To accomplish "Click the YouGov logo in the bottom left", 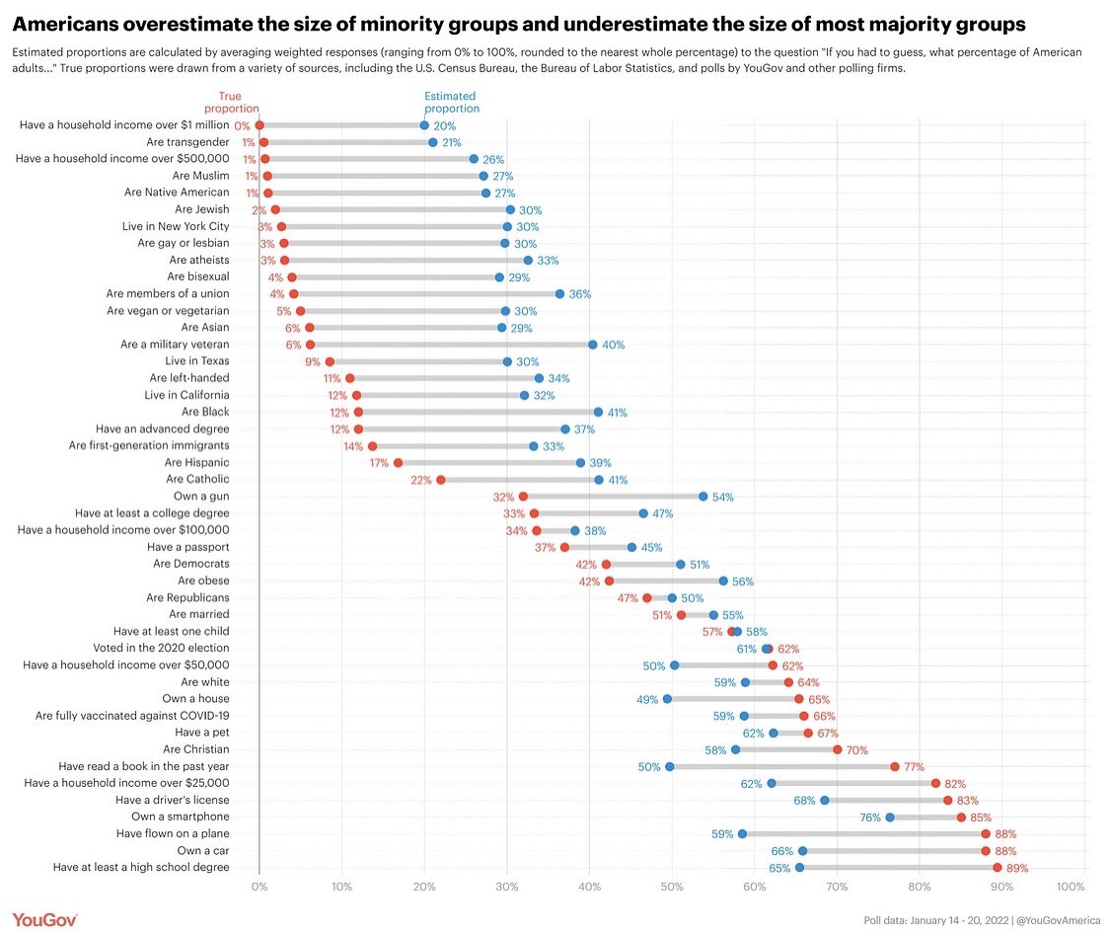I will click(45, 918).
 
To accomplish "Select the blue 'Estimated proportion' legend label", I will click(450, 103).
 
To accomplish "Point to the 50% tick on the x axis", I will click(673, 886).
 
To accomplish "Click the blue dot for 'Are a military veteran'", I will click(593, 345).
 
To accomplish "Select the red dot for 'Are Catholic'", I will click(441, 480).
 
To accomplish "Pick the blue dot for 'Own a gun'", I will click(703, 497).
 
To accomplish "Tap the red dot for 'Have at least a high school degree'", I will click(998, 867).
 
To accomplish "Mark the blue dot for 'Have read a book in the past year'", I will click(670, 766).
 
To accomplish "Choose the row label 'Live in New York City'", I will click(176, 226).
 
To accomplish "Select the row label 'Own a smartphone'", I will click(180, 817).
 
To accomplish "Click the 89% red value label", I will click(1017, 868).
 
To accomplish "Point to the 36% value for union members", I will click(580, 294).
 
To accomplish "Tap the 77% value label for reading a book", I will click(915, 767).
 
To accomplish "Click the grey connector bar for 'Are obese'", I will click(666, 581).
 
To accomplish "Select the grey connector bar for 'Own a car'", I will click(893, 850).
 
